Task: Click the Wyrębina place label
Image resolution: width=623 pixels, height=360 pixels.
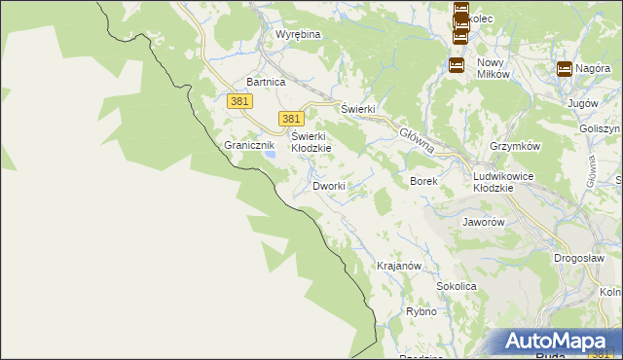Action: tap(298, 34)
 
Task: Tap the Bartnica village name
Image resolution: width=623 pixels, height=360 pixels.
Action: tap(266, 83)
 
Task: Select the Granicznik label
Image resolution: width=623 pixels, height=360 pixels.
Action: tap(250, 145)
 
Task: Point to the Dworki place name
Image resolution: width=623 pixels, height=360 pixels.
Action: tap(328, 186)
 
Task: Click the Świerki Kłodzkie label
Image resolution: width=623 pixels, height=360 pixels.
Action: tap(311, 142)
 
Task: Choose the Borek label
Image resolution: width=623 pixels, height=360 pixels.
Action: tap(423, 182)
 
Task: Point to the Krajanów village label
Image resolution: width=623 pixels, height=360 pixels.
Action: tap(398, 267)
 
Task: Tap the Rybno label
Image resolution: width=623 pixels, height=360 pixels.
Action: tap(421, 312)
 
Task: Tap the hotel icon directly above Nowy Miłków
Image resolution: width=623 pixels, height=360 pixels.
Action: tap(456, 65)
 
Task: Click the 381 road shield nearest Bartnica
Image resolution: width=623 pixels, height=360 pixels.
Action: tap(240, 101)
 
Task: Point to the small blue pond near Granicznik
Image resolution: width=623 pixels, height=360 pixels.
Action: tap(273, 154)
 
